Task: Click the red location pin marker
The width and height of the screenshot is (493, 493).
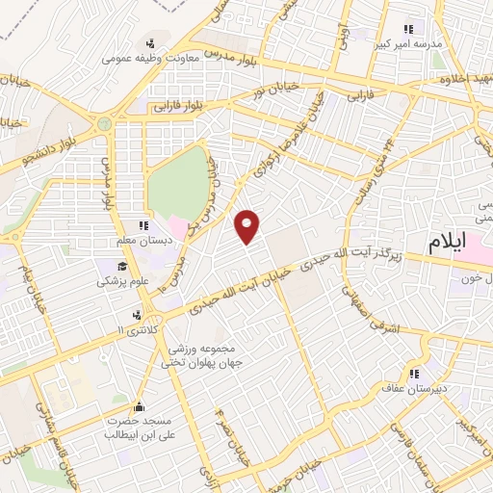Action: [248, 225]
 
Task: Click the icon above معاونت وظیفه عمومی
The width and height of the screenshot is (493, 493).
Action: [149, 42]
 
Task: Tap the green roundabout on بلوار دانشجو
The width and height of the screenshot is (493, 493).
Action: [103, 124]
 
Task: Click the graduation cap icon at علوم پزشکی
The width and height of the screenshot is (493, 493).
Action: [122, 267]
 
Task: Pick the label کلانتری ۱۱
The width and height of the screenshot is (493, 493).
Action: [135, 330]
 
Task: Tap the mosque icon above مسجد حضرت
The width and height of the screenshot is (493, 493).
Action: [142, 406]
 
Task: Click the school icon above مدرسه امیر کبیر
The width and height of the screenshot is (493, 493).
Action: [408, 28]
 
